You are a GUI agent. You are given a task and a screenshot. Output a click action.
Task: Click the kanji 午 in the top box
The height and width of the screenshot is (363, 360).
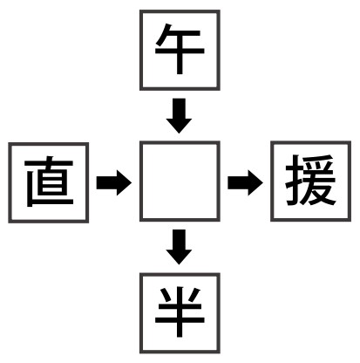click(180, 49)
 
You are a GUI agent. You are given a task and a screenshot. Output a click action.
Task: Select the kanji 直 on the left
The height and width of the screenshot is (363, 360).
click(49, 181)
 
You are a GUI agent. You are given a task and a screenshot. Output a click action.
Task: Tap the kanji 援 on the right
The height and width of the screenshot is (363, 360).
click(310, 181)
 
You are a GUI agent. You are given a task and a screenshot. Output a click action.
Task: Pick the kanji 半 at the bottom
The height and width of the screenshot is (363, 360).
click(180, 312)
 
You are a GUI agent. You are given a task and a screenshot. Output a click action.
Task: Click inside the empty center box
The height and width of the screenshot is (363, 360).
click(180, 181)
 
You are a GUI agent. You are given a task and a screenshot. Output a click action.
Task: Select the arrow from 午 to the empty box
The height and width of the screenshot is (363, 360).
click(179, 116)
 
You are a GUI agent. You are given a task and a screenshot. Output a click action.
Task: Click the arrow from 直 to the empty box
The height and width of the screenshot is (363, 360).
click(114, 182)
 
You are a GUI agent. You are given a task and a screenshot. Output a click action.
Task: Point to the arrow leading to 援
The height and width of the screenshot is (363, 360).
click(245, 182)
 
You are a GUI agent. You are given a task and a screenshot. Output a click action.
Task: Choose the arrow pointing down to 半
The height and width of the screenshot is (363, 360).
click(179, 247)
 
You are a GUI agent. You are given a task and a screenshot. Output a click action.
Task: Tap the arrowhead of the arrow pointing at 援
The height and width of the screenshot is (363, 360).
click(255, 182)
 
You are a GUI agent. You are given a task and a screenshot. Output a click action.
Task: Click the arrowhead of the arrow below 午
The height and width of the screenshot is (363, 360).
click(179, 125)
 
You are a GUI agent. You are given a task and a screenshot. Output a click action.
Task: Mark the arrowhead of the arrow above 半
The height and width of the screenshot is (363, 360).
click(179, 257)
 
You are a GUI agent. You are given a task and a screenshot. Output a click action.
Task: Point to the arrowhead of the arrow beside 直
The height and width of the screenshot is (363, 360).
click(124, 182)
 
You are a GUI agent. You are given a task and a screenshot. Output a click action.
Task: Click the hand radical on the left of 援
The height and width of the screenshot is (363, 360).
click(294, 181)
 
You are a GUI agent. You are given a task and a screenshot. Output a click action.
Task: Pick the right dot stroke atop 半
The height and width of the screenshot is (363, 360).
click(194, 295)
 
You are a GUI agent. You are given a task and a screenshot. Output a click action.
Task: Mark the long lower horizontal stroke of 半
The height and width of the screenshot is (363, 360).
click(180, 319)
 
